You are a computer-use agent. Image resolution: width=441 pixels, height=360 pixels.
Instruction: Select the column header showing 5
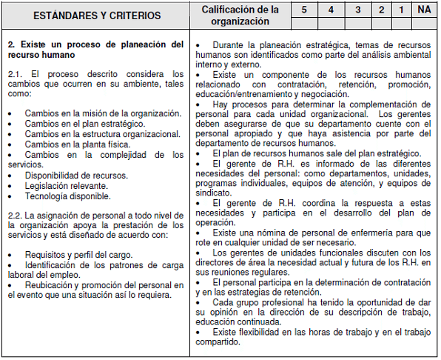tap(303, 10)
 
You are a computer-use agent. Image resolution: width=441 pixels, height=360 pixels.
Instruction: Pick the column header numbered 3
tap(357, 10)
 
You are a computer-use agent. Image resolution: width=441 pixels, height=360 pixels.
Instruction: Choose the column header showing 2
tap(382, 10)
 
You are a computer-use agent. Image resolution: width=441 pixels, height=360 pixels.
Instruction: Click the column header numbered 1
tap(402, 10)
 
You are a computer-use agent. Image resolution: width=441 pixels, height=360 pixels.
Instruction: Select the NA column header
tap(423, 10)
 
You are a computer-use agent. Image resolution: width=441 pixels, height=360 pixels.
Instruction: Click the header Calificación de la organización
tap(240, 15)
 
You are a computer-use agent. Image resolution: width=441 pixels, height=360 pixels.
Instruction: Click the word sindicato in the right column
tap(215, 193)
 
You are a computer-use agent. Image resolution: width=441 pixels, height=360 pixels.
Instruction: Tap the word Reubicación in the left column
tap(52, 284)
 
